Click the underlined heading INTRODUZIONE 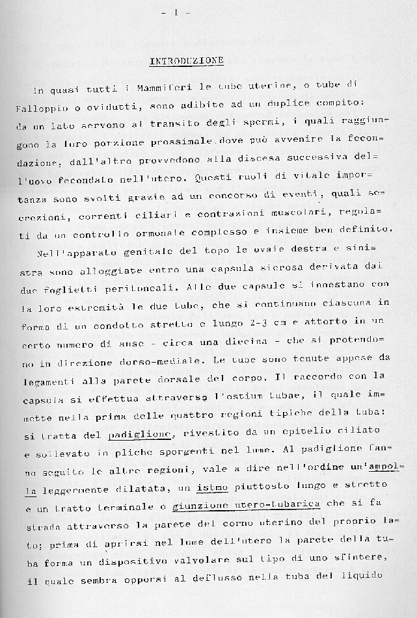click(x=187, y=61)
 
